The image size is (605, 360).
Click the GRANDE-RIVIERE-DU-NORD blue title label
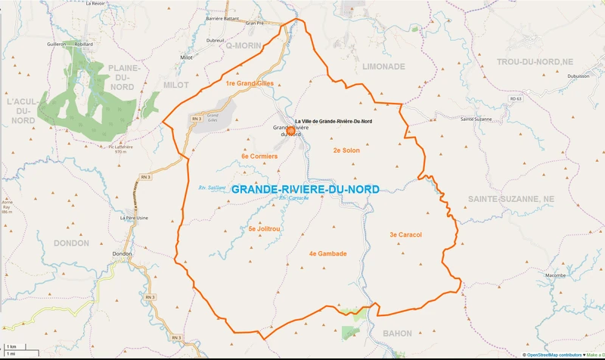pos(305,189)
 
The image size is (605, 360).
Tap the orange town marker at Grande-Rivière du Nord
pos(290,130)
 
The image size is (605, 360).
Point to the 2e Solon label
pos(346,151)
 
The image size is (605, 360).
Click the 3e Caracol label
pos(405,234)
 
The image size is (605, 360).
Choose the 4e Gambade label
pos(327,253)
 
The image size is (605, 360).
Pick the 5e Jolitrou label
pos(265,228)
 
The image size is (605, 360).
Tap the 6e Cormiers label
pos(259,156)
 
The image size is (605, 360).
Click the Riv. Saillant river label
pos(212,188)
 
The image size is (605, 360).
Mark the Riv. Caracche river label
pos(294,199)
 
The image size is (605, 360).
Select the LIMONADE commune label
pos(384,67)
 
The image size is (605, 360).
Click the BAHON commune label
pos(397,333)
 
